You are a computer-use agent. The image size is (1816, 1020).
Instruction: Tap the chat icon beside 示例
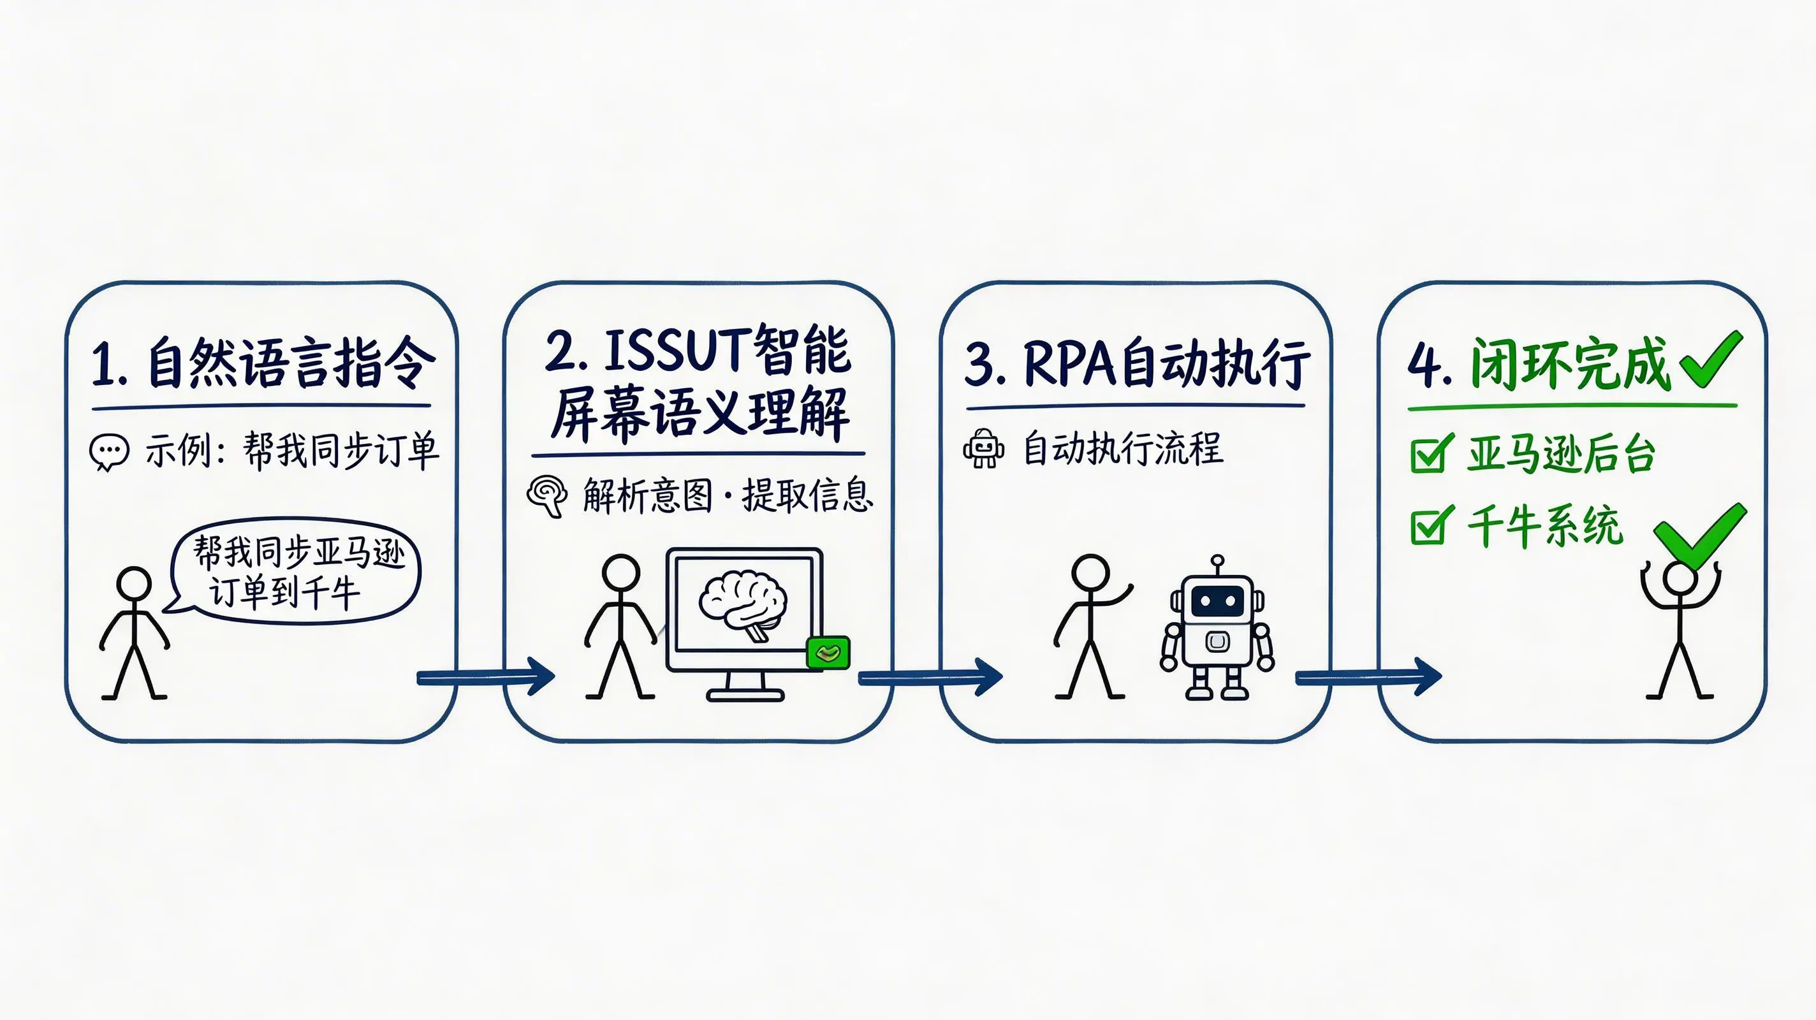pyautogui.click(x=109, y=452)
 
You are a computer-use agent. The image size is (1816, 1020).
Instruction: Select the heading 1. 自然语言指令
pyautogui.click(x=262, y=363)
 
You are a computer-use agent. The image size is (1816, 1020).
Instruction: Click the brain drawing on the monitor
pyautogui.click(x=743, y=605)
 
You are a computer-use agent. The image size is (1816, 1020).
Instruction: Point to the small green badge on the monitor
pyautogui.click(x=828, y=652)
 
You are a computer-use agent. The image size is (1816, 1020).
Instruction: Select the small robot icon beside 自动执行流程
pyautogui.click(x=983, y=448)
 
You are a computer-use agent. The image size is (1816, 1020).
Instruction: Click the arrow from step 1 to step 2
pyautogui.click(x=487, y=678)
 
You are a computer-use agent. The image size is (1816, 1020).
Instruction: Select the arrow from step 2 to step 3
pyautogui.click(x=929, y=678)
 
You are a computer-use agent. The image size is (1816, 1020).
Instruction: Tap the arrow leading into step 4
pyautogui.click(x=1368, y=678)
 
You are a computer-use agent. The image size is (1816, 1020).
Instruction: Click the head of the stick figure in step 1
pyautogui.click(x=134, y=585)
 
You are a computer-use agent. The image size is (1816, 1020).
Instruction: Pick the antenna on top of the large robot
pyautogui.click(x=1217, y=564)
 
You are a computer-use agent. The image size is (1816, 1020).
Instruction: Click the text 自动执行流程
pyautogui.click(x=1122, y=448)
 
